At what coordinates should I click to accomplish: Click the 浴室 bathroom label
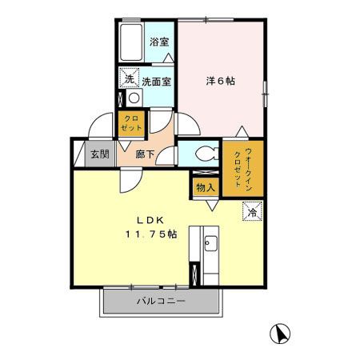158,42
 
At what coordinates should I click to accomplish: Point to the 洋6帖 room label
220,81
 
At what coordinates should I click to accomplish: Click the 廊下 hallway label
146,154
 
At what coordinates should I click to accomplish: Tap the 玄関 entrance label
99,154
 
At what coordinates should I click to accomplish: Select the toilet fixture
202,153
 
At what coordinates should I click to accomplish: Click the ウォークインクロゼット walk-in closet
237,166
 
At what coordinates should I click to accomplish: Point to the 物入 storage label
206,187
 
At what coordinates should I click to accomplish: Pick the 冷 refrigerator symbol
252,212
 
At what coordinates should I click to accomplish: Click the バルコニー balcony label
160,302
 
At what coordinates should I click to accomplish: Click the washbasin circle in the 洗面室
134,99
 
